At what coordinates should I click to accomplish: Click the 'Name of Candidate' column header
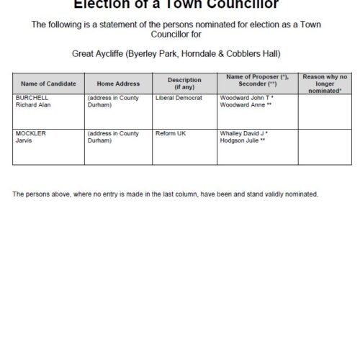(48, 84)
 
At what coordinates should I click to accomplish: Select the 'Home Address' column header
(118, 84)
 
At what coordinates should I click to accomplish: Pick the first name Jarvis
(24, 141)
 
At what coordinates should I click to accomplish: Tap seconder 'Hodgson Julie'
(240, 141)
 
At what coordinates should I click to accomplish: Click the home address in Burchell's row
(113, 101)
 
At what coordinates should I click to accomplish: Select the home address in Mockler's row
(113, 138)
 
